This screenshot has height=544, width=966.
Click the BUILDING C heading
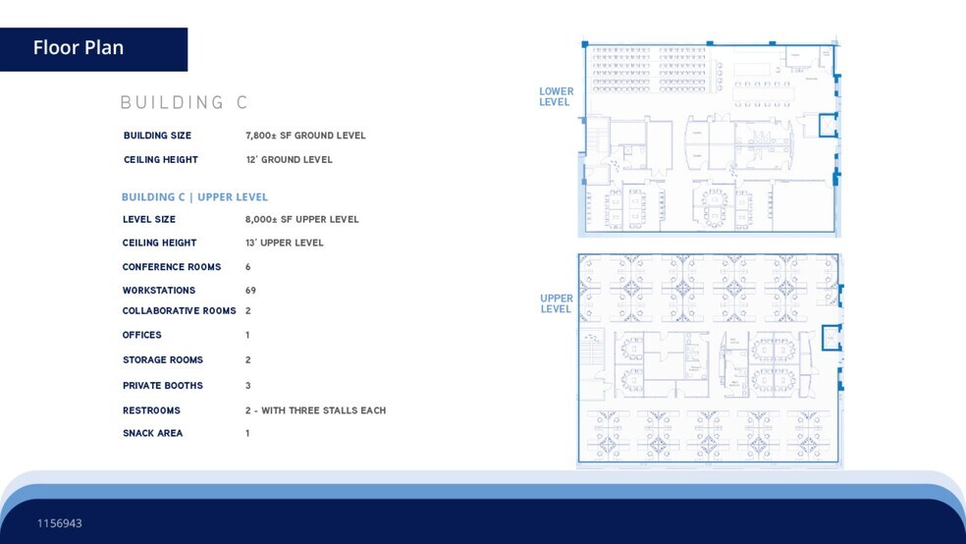pos(184,103)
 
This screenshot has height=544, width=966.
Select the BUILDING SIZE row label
pos(157,136)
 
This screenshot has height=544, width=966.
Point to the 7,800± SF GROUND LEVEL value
pos(305,136)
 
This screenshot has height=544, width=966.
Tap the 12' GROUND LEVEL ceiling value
pos(289,160)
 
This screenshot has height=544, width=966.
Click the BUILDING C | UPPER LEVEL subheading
pos(194,197)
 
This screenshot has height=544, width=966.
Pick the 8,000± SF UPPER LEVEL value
pos(302,220)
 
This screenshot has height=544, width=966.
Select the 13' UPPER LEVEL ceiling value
pos(284,243)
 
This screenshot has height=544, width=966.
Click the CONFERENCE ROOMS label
pos(172,267)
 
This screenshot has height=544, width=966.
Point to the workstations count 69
pos(251,291)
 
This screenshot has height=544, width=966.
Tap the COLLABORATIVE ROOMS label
pos(179,311)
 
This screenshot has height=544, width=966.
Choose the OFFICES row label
pos(142,336)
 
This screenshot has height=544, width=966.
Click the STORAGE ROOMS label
pos(163,360)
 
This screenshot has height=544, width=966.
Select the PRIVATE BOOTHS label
pos(163,386)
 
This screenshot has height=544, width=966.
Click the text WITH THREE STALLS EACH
pos(323,410)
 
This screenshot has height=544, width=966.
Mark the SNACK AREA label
pos(152,433)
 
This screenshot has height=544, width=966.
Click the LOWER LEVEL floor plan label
pos(556,97)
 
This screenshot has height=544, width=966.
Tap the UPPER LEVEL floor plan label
pos(556,303)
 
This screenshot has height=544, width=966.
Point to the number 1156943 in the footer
pos(60,523)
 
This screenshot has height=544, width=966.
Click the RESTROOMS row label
pos(151,410)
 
